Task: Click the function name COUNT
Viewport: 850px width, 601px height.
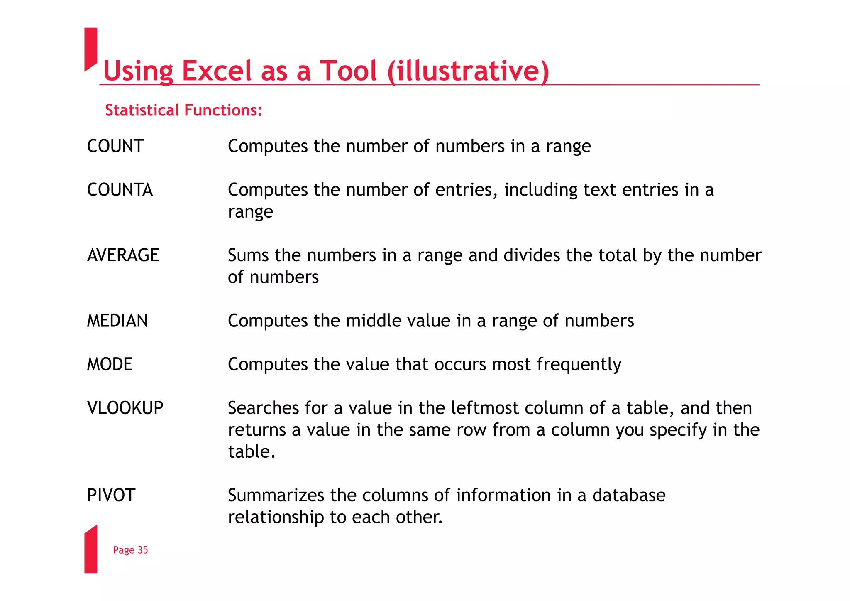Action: tap(115, 146)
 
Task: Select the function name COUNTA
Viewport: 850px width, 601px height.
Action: tap(120, 190)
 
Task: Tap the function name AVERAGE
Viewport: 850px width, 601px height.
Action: tap(123, 255)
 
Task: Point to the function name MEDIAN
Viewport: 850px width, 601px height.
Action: tap(117, 321)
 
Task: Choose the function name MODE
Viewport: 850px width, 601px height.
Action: tap(110, 364)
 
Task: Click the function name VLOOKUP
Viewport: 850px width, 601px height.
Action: tap(125, 408)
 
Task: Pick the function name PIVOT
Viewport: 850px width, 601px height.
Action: tap(111, 495)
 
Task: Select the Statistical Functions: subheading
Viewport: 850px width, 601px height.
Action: tap(183, 110)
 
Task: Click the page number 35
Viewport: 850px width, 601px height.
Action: tap(143, 550)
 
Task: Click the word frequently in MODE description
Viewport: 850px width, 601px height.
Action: tap(579, 365)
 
